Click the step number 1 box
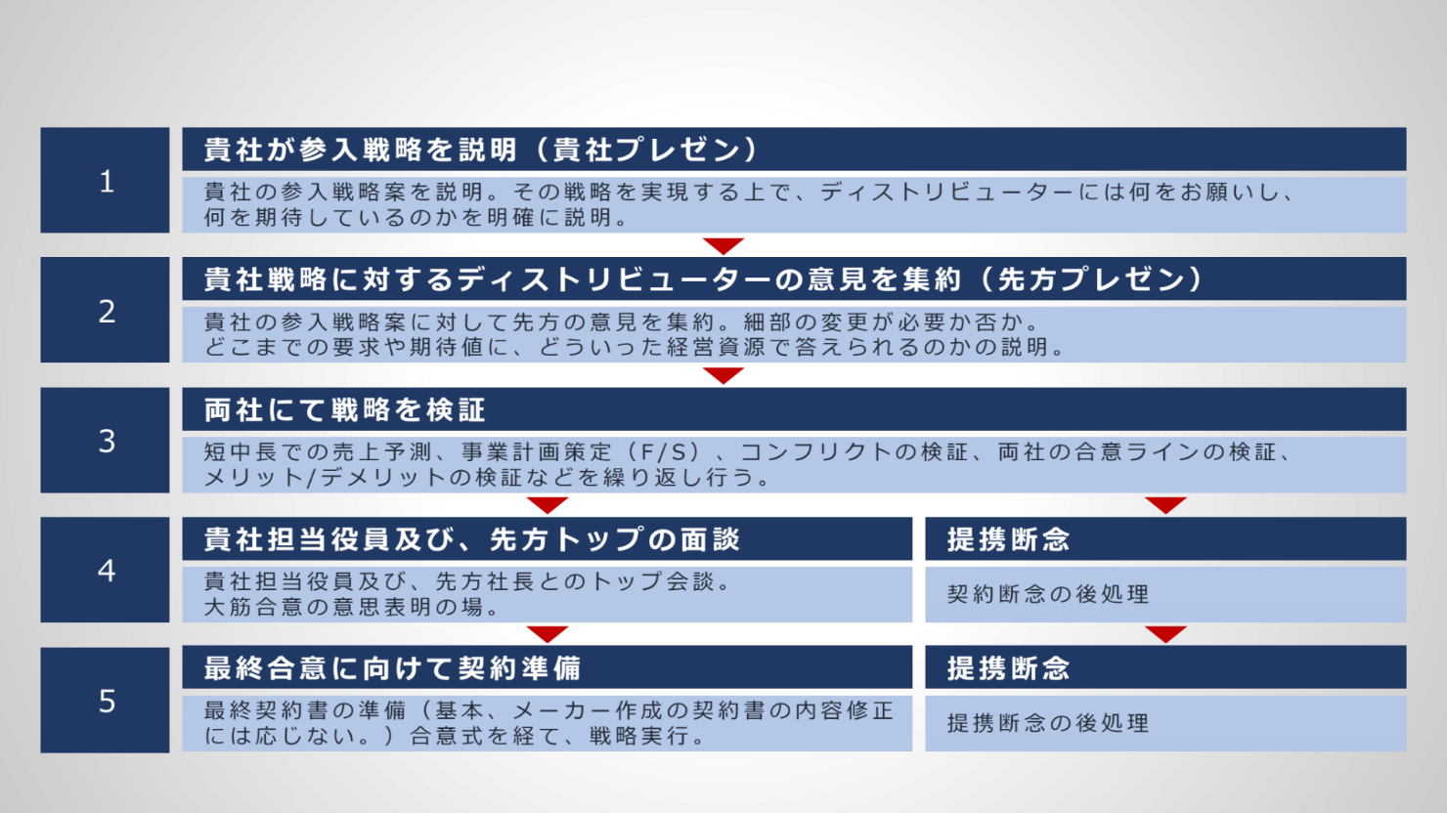[106, 180]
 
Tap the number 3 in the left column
[107, 441]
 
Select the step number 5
[107, 702]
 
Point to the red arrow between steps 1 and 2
[723, 246]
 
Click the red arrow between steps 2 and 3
[723, 376]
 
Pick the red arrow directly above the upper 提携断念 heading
[1165, 505]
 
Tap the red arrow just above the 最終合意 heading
[548, 635]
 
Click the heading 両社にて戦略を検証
[344, 410]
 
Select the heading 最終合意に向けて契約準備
[392, 668]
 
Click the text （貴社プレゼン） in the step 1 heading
[646, 150]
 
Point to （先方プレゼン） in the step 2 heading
[1091, 279]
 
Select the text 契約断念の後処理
[1048, 594]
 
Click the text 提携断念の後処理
[1048, 723]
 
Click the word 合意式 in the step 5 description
[447, 736]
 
